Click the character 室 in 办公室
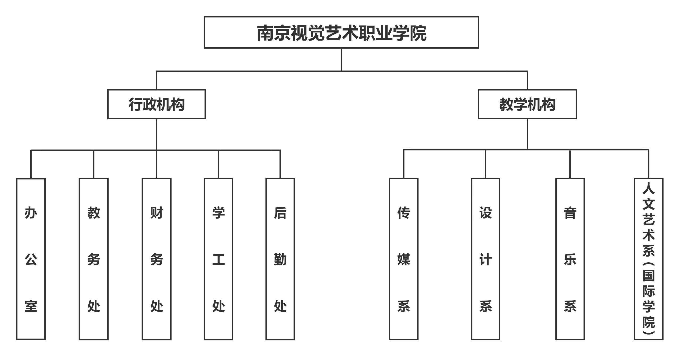point(31,306)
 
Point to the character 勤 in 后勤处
point(280,260)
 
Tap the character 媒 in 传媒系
point(404,260)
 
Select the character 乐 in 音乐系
point(570,260)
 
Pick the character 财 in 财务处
point(157,213)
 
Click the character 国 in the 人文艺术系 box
point(649,276)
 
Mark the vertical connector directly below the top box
point(341,60)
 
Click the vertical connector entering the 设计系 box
point(485,164)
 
